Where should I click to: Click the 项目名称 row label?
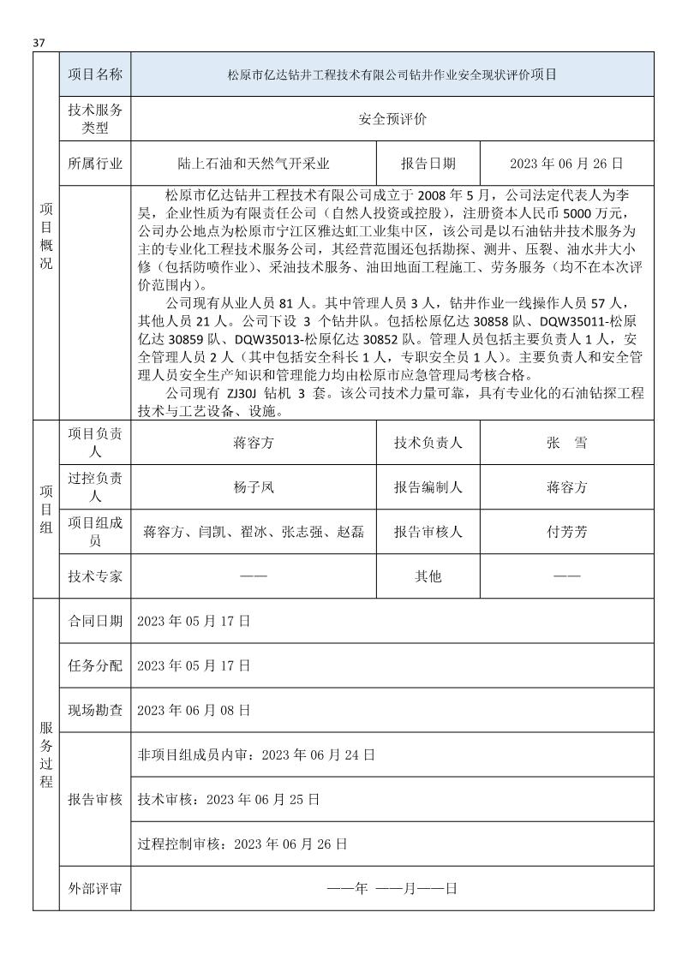[94, 75]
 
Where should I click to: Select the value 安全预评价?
[392, 119]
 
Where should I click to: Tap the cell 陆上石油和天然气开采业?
[253, 163]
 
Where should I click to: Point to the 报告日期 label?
[428, 163]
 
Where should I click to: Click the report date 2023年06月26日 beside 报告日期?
[565, 163]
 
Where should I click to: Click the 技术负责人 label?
[428, 443]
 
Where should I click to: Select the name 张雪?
[566, 443]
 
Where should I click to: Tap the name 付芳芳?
[566, 532]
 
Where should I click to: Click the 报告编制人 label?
[428, 487]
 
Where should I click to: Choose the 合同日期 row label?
[94, 621]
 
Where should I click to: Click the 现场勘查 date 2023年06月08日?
[194, 710]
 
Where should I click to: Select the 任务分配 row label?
[94, 665]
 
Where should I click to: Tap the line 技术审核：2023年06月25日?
[228, 799]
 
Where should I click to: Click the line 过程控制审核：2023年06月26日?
[242, 844]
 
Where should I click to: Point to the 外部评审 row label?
[94, 888]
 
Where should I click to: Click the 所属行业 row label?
[94, 163]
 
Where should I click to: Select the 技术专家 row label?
[94, 576]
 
